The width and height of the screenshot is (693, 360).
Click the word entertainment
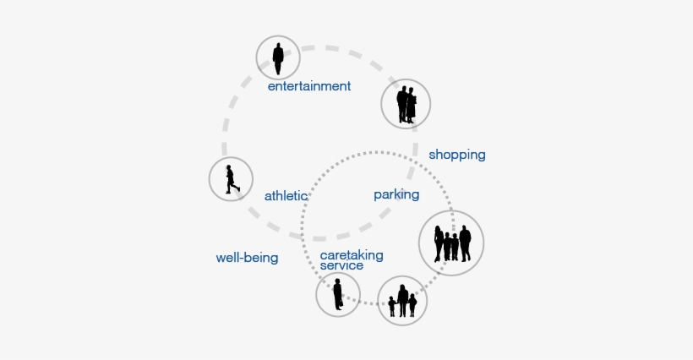309,85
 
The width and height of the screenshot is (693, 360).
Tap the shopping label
457,155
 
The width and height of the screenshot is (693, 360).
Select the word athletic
286,196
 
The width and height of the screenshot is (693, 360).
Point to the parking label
396,195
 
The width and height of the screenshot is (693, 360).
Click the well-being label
247,258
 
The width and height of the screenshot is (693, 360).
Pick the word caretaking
352,255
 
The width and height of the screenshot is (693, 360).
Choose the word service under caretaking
341,265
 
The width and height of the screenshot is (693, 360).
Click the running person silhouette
232,179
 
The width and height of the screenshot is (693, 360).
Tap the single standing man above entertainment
278,58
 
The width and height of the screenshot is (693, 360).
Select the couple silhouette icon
407,105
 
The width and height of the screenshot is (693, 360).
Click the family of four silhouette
452,243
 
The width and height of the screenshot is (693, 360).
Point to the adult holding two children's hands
402,301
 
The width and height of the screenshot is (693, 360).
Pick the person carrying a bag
338,294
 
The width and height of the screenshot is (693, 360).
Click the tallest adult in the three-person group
402,301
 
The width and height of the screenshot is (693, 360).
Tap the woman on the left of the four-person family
439,244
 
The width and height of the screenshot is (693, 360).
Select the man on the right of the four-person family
465,243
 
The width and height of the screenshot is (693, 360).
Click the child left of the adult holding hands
392,307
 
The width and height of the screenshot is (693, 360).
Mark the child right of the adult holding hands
412,306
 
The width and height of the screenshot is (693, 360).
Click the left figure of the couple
402,105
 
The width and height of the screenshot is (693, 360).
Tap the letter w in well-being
220,259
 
